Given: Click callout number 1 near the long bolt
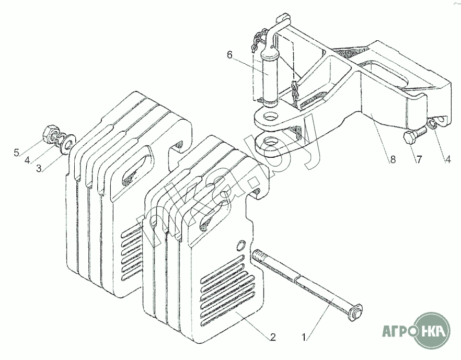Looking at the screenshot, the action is point(305,336).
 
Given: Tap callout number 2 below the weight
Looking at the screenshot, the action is point(272,337).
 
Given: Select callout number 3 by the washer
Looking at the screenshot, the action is point(39,168).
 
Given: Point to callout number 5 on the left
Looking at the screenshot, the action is point(17,153).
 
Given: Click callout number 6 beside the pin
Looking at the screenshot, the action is point(229,55).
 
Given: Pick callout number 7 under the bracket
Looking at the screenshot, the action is point(418,159).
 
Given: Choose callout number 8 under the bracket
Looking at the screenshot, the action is point(393,159).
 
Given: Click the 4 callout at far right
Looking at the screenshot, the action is point(447,159).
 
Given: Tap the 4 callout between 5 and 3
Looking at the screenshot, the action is point(27,160).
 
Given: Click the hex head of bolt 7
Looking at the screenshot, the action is point(409,138).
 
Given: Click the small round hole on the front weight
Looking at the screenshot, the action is point(241,246).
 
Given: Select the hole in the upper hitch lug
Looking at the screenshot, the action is point(270,117).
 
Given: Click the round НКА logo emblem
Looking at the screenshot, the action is point(432,331).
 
